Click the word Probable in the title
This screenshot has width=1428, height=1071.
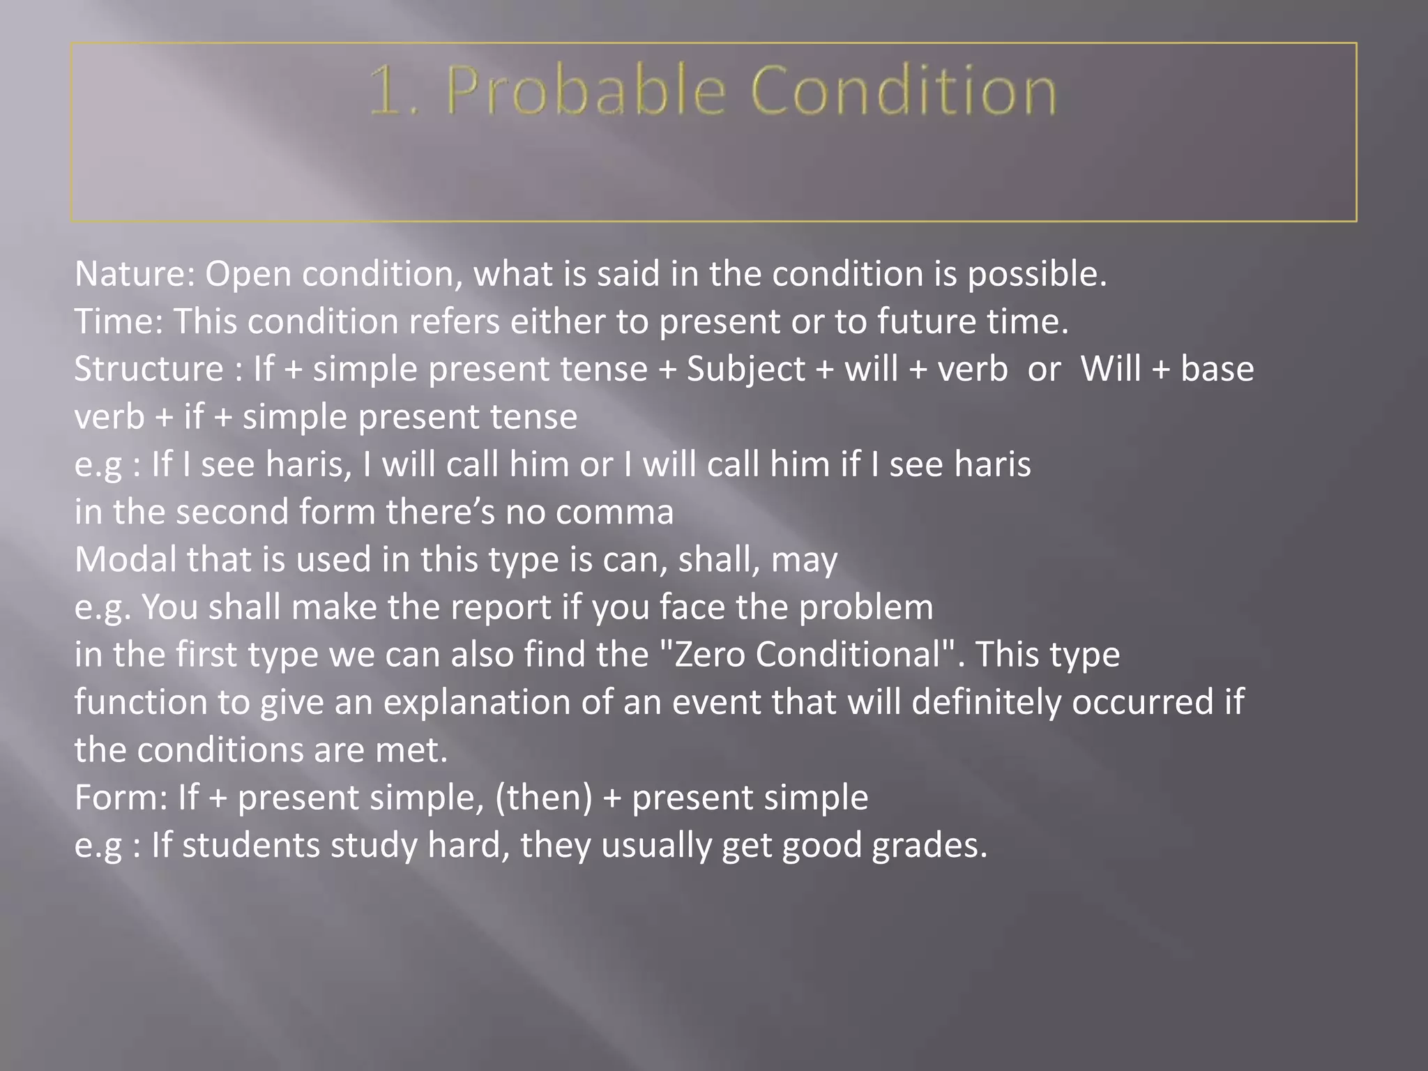[x=586, y=91]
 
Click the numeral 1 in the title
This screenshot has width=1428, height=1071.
[x=385, y=91]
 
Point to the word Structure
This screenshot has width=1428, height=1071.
[x=149, y=369]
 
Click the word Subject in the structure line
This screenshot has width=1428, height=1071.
[x=745, y=369]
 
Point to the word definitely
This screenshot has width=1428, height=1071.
[x=986, y=701]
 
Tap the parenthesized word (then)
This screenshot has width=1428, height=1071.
[x=544, y=797]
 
